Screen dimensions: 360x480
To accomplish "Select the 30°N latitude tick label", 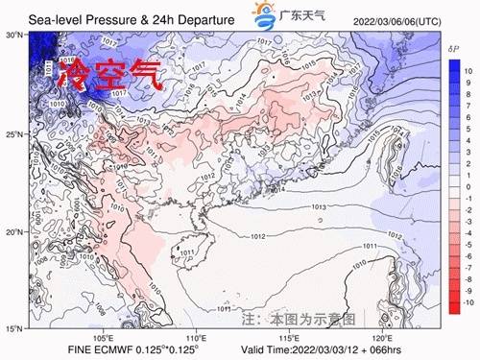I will (14, 35).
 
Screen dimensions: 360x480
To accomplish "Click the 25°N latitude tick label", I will (14, 134).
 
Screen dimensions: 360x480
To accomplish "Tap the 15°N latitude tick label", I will (14, 329).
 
